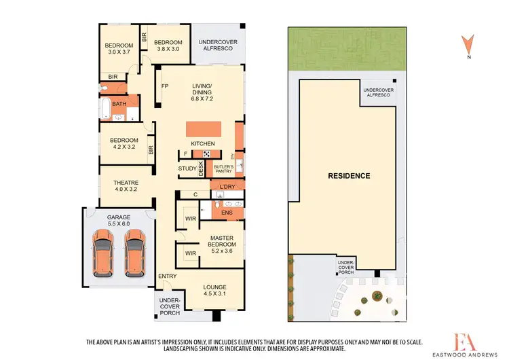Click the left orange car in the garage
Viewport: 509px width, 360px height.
point(103,252)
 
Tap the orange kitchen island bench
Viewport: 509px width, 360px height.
point(202,129)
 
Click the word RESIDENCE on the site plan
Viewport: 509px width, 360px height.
point(350,176)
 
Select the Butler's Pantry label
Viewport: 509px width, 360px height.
point(223,169)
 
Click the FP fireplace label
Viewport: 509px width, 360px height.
point(164,86)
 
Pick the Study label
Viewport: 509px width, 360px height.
point(187,168)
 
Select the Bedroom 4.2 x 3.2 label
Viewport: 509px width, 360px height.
point(124,145)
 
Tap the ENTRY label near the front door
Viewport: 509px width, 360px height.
point(167,276)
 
